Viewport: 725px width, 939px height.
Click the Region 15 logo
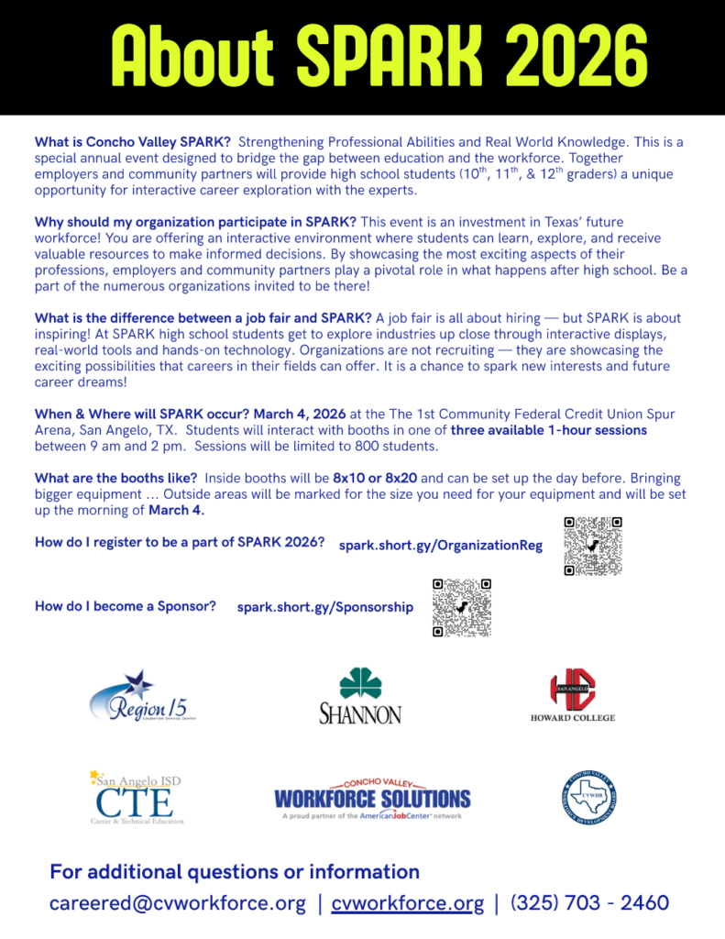pyautogui.click(x=142, y=696)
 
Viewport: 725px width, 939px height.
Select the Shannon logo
pyautogui.click(x=360, y=696)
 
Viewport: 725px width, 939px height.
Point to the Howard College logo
pyautogui.click(x=573, y=696)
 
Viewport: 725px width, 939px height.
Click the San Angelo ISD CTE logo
pyautogui.click(x=137, y=797)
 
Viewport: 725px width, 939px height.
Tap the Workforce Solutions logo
pyautogui.click(x=372, y=798)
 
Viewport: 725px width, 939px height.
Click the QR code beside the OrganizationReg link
pyautogui.click(x=593, y=546)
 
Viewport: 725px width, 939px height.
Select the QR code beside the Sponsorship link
pyautogui.click(x=462, y=607)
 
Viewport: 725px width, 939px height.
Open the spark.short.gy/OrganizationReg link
pyautogui.click(x=440, y=546)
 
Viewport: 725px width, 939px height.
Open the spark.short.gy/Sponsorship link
pyautogui.click(x=324, y=607)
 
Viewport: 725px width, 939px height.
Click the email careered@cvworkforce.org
pyautogui.click(x=178, y=903)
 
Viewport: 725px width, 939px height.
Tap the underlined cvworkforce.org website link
pyautogui.click(x=407, y=903)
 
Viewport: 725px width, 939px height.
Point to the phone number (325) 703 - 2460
pyautogui.click(x=589, y=903)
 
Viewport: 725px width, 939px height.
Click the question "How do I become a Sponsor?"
pyautogui.click(x=126, y=606)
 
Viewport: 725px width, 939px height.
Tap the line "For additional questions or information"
pyautogui.click(x=235, y=871)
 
